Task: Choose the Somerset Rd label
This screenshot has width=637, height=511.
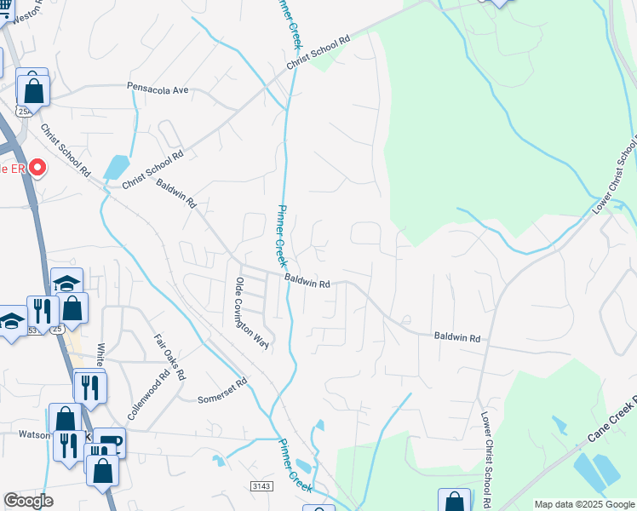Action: [221, 398]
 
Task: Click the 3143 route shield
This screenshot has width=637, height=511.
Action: [261, 485]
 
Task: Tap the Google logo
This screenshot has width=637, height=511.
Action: [29, 501]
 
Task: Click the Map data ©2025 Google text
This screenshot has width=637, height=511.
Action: [583, 504]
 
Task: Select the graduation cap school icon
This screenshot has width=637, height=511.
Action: [66, 282]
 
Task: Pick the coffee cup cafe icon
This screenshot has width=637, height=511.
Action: [111, 440]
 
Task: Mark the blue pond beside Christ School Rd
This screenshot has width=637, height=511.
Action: [116, 166]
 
